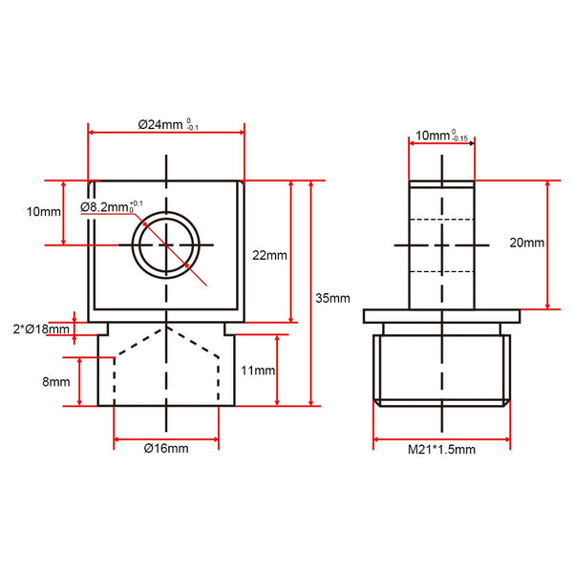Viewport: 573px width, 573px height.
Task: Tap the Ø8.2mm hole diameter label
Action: (104, 206)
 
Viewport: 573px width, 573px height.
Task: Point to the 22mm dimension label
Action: (269, 255)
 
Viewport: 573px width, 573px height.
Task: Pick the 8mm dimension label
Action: (57, 381)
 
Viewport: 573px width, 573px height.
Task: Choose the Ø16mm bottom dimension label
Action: (166, 447)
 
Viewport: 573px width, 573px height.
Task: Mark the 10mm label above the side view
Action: (430, 137)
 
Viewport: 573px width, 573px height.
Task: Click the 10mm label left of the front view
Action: (45, 212)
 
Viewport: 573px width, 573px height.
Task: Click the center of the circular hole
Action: (168, 244)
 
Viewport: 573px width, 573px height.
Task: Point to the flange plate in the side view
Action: (441, 315)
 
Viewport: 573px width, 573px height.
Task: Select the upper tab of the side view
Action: (441, 244)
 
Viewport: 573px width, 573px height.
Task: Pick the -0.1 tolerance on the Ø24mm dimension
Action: (193, 129)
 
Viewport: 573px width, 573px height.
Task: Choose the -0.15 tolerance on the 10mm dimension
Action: (460, 140)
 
